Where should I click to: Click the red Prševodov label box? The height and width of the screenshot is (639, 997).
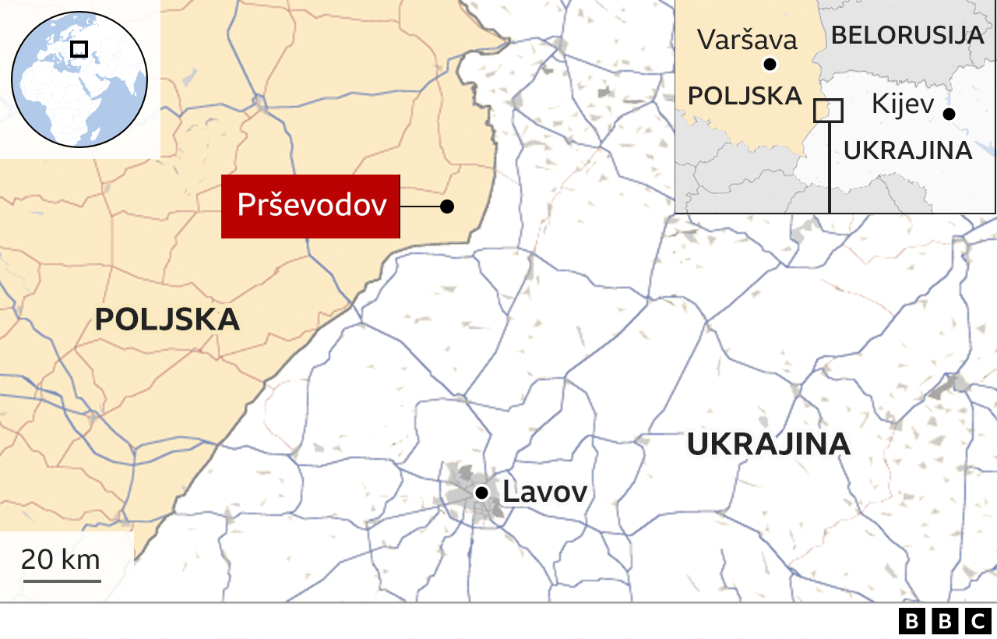(x=311, y=206)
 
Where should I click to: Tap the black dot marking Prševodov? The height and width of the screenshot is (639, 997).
(x=447, y=207)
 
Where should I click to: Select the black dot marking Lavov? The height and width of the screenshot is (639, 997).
(x=482, y=492)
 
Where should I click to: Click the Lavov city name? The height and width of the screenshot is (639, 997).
(x=544, y=492)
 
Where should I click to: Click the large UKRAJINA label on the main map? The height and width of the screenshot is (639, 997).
(x=768, y=444)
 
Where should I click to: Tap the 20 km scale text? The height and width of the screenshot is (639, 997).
(x=61, y=560)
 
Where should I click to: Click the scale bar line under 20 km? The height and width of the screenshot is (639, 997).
(x=62, y=580)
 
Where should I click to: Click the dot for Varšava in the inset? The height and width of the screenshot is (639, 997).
(x=770, y=65)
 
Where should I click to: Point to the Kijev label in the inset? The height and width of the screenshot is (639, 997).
(x=902, y=103)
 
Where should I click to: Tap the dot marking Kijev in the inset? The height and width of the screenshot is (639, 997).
(x=948, y=114)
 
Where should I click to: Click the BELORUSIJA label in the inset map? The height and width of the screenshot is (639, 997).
(x=907, y=35)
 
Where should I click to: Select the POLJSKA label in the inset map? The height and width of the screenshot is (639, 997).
(x=745, y=96)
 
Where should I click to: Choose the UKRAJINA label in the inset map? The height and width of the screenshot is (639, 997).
(x=907, y=150)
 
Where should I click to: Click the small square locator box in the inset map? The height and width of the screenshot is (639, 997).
(x=828, y=111)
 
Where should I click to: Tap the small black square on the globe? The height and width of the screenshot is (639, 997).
(x=79, y=49)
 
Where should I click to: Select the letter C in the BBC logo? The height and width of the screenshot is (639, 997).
(x=978, y=621)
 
